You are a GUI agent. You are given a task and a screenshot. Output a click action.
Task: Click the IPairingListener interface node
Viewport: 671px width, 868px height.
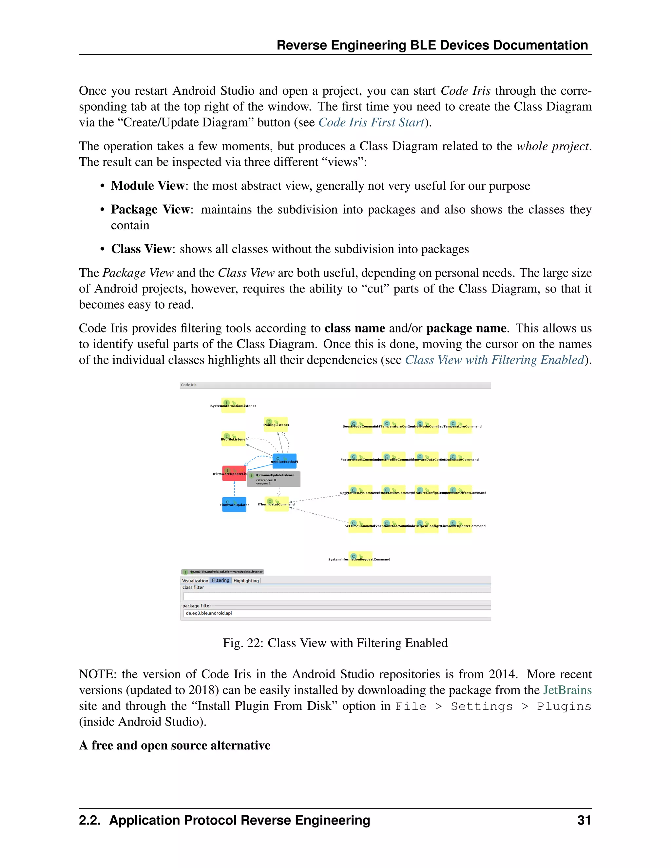(x=276, y=424)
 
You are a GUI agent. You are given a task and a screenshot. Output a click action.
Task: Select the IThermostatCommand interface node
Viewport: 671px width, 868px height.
(x=276, y=504)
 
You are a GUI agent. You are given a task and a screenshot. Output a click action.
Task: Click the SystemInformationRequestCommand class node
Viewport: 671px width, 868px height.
(x=360, y=558)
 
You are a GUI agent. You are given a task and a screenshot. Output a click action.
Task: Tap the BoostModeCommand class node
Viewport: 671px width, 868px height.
(x=360, y=426)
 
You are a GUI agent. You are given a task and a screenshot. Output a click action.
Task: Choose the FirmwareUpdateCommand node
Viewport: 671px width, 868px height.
(x=460, y=525)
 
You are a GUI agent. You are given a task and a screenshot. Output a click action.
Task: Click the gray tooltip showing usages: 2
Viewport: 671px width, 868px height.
(x=274, y=479)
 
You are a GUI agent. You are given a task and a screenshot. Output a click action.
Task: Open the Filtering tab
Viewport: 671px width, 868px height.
(x=220, y=580)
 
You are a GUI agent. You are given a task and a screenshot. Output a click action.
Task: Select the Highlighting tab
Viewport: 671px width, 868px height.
(x=246, y=581)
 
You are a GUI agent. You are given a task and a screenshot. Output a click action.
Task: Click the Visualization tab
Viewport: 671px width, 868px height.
(x=195, y=581)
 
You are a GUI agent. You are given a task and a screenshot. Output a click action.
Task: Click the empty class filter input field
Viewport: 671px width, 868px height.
(x=336, y=596)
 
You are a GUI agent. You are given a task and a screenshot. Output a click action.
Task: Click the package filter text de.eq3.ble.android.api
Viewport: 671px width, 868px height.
(x=209, y=613)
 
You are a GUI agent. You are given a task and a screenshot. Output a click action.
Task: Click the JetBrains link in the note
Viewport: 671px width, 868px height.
(x=567, y=690)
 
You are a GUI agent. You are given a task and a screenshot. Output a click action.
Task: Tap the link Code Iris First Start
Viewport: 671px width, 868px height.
(x=371, y=123)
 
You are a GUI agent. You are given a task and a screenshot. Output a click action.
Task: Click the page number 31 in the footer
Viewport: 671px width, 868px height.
(x=584, y=820)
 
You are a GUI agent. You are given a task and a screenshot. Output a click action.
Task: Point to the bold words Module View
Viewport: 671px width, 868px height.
(x=147, y=186)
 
